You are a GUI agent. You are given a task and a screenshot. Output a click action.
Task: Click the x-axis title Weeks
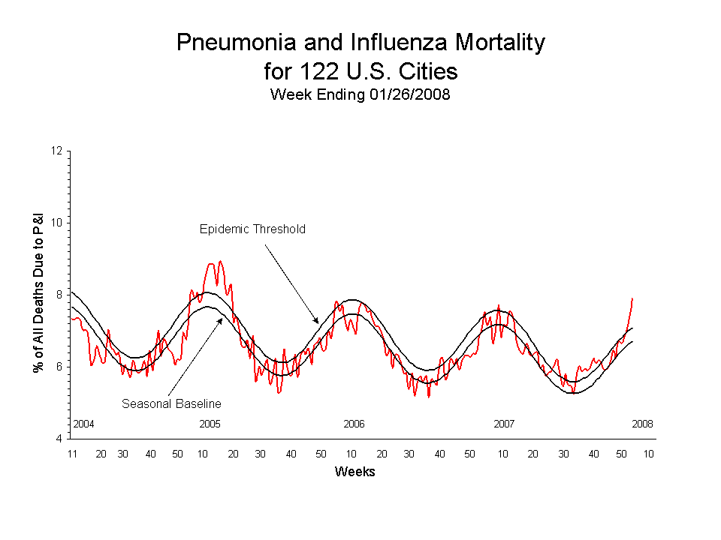tap(354, 472)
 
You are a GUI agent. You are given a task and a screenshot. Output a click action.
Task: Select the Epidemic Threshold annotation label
tap(252, 229)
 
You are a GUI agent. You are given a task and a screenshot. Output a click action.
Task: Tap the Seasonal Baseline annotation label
tap(171, 403)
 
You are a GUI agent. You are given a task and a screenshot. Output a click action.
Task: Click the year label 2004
tap(83, 424)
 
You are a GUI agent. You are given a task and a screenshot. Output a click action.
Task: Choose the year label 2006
tap(354, 424)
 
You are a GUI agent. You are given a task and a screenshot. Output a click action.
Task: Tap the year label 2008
tap(642, 424)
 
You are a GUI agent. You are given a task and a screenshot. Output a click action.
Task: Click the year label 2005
tap(210, 424)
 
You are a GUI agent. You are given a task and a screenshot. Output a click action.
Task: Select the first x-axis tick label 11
tap(73, 454)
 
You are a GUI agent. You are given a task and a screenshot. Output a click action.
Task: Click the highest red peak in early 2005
tap(220, 261)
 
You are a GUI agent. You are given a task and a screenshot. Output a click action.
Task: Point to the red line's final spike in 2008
tap(633, 298)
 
